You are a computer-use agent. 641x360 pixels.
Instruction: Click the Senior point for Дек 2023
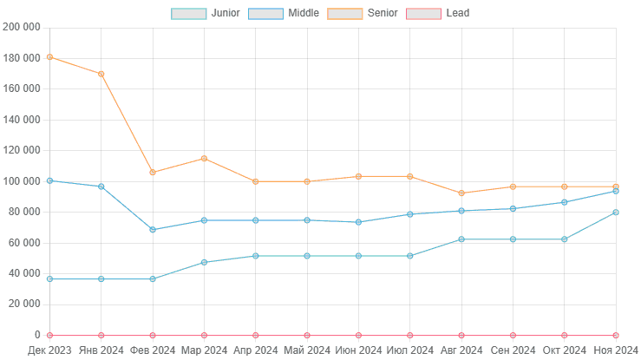click(x=49, y=57)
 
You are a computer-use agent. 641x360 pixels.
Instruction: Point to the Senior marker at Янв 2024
click(x=101, y=74)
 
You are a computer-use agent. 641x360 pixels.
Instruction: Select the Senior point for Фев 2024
click(x=153, y=173)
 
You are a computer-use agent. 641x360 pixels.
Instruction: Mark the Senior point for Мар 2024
click(x=204, y=158)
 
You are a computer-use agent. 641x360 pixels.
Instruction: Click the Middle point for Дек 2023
click(x=49, y=180)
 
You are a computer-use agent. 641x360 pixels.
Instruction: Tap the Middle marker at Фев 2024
click(x=153, y=230)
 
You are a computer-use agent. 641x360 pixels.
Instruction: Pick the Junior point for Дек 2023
click(x=49, y=279)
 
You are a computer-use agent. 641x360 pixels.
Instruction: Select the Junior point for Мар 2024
click(x=204, y=262)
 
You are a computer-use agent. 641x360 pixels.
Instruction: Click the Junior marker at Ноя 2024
click(x=616, y=213)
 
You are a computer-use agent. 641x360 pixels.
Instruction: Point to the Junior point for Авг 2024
click(x=461, y=239)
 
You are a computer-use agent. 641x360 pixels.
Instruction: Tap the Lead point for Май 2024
click(x=307, y=335)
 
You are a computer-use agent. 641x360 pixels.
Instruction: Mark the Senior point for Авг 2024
click(x=461, y=193)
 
